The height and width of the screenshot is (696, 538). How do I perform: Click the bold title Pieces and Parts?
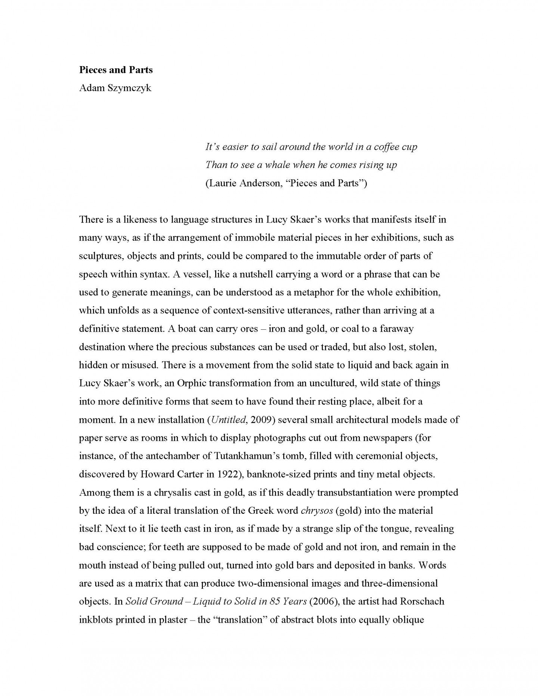[x=116, y=70]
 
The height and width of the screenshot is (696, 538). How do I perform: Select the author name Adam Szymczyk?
[x=115, y=88]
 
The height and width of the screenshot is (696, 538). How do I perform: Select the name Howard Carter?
[x=166, y=475]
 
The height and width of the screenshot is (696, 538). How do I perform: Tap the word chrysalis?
[x=166, y=493]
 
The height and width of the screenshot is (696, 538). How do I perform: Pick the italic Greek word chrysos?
[x=317, y=511]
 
